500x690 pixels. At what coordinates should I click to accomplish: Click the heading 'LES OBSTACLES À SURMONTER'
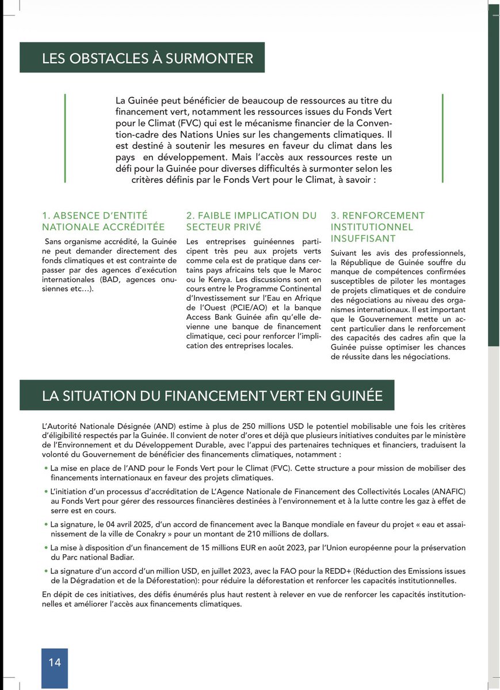147,58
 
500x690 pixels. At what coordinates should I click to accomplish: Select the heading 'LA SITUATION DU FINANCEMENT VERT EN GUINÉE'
212,396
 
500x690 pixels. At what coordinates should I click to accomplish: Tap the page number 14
54,662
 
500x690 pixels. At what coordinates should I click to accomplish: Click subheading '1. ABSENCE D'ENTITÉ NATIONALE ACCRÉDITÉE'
103,221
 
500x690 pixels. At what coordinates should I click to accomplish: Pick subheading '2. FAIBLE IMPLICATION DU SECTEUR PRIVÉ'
251,221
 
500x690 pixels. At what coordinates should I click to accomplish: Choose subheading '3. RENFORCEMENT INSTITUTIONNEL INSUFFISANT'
377,227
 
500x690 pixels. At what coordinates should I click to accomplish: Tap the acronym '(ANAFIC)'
446,492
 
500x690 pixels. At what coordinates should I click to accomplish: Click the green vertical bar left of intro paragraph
65,138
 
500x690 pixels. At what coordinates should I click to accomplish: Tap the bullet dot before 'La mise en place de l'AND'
46,469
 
